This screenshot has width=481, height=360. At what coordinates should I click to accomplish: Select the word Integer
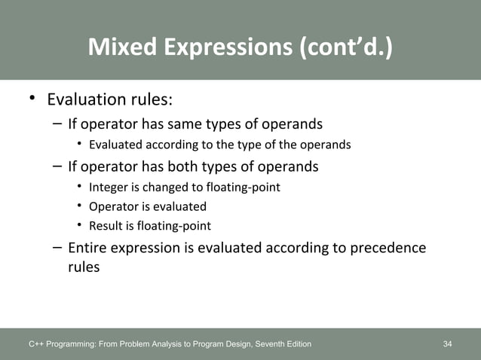click(x=110, y=187)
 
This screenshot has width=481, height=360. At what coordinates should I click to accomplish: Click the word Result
click(x=106, y=226)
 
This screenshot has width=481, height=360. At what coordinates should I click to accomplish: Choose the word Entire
click(x=89, y=248)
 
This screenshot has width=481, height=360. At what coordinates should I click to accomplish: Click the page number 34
click(x=448, y=344)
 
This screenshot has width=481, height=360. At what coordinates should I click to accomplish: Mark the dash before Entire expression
click(x=58, y=248)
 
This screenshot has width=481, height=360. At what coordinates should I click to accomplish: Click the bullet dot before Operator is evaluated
click(x=80, y=206)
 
